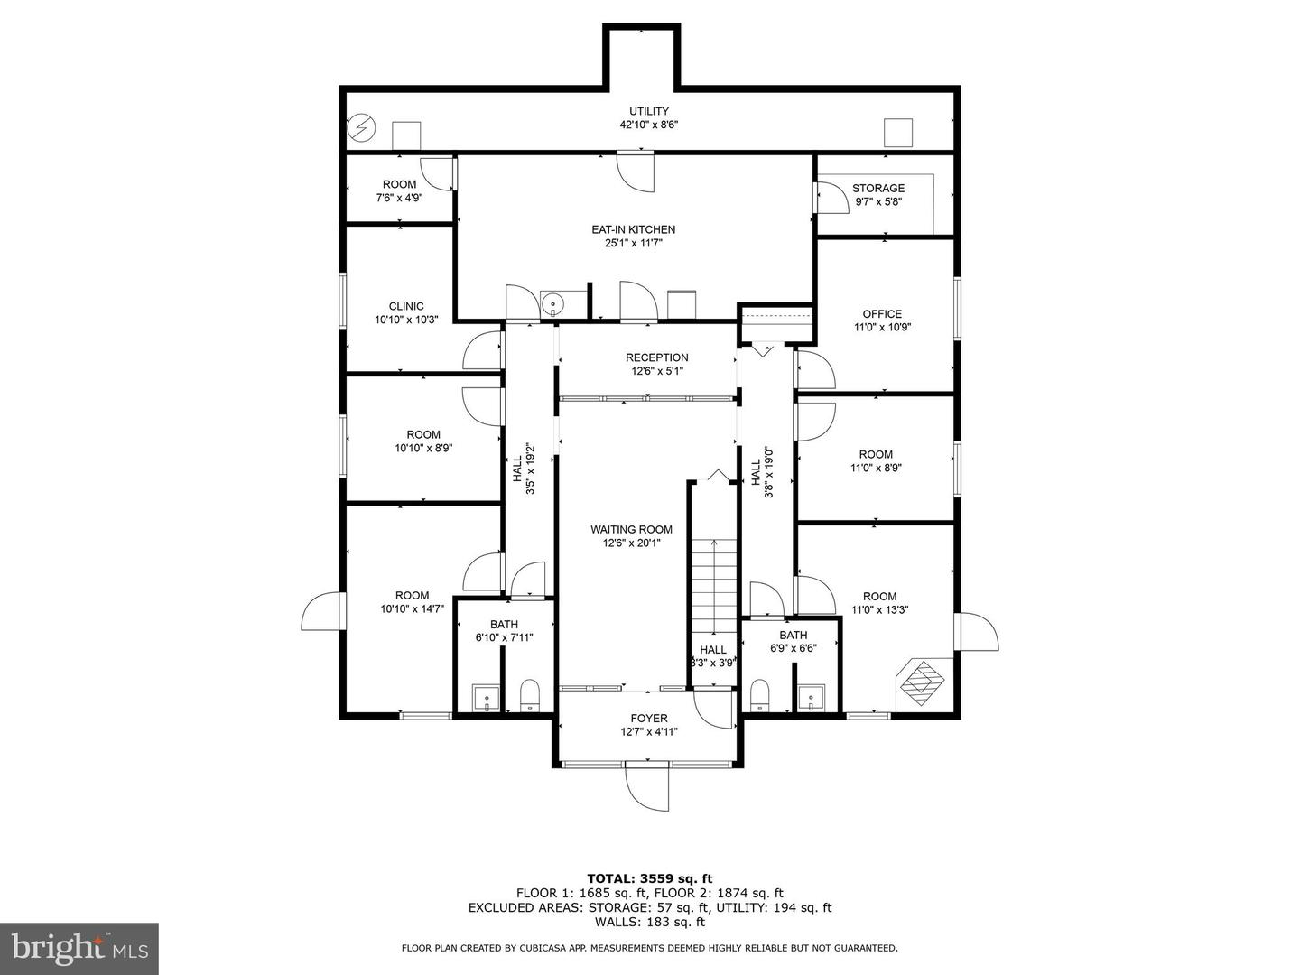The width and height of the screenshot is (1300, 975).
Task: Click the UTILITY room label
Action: tap(648, 111)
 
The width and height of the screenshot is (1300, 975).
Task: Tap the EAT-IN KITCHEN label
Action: tap(633, 229)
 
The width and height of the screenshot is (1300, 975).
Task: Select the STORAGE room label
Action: tap(878, 189)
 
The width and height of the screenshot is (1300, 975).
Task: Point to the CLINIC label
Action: tap(406, 306)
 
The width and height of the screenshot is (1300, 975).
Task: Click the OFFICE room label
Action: tap(882, 314)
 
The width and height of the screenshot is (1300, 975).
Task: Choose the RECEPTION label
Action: tap(657, 357)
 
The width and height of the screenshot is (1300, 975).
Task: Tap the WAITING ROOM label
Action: tap(631, 529)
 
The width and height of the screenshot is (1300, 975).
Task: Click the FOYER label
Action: tap(649, 718)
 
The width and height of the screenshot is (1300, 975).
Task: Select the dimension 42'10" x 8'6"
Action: tap(648, 125)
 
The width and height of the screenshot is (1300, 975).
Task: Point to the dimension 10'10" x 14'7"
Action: tap(413, 608)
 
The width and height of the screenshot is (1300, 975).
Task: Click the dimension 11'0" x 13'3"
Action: tap(880, 609)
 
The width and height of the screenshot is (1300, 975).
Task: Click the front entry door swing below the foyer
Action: tap(646, 788)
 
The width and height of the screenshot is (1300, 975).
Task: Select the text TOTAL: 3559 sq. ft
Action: tap(650, 878)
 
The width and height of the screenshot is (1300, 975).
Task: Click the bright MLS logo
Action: tap(79, 948)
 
